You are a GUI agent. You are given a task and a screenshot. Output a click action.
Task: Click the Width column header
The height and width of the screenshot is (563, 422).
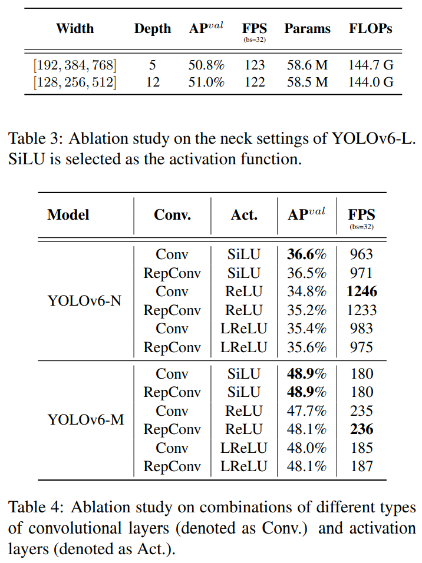point(74,28)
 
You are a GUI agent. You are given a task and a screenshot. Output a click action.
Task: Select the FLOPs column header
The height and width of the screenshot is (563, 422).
point(370,28)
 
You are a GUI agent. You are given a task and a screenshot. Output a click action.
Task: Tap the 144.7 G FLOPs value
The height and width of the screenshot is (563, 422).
point(370,64)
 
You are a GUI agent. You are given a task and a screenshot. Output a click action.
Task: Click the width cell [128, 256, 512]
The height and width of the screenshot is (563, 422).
point(74,82)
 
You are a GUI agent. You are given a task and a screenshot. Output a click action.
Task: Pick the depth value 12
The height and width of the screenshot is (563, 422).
point(152,82)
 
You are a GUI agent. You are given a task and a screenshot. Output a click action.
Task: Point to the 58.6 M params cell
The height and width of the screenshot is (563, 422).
point(307,64)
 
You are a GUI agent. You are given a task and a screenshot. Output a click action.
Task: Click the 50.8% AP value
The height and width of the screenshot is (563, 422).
point(206,64)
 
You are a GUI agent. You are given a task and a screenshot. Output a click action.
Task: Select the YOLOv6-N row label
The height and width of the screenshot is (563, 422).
point(84,301)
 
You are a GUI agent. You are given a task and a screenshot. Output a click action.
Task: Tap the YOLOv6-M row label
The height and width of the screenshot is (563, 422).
point(85,420)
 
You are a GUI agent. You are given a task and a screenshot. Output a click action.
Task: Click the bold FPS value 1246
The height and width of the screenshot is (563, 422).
point(361,292)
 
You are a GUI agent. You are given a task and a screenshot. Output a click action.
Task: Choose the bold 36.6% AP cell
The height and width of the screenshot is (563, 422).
point(306,254)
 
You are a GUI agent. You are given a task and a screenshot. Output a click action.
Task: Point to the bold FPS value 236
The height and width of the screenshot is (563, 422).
point(361,429)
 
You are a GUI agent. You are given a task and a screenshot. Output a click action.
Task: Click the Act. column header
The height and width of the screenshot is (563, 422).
point(244,215)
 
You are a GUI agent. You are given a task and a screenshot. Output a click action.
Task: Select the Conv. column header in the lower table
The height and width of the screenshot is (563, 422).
point(172,215)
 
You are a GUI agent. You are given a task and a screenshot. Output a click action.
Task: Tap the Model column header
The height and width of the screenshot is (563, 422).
point(68,215)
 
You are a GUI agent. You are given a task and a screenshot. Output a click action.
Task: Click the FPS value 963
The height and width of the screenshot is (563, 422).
point(361,254)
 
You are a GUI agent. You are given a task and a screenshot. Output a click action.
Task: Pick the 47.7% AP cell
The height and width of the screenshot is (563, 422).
point(306,411)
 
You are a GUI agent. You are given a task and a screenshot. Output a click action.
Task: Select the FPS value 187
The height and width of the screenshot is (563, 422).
point(361,466)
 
